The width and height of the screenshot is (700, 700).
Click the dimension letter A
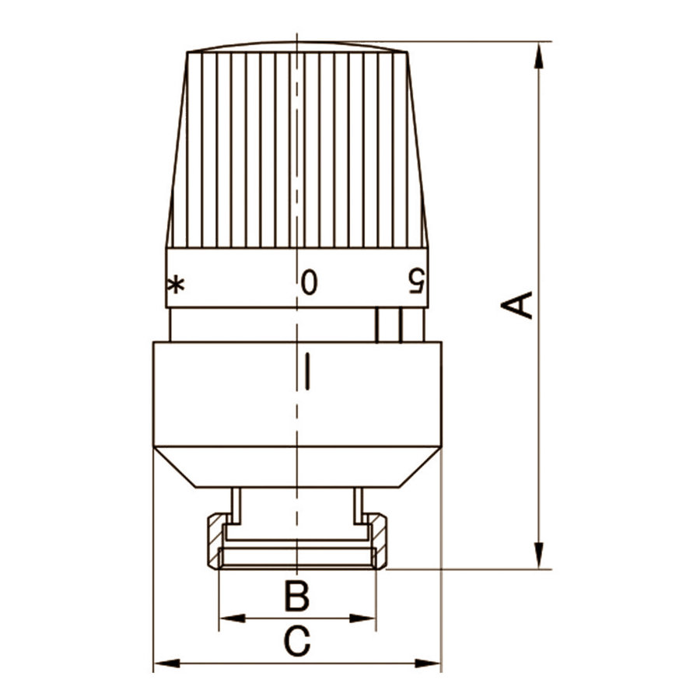pos(517,304)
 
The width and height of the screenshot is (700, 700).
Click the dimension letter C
pos(296,642)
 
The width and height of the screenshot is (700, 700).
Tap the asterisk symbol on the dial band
pos(177,285)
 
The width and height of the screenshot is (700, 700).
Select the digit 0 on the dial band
pos(309,282)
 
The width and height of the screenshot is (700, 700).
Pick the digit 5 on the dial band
pos(418,282)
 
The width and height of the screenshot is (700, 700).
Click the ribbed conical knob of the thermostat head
pos(297,148)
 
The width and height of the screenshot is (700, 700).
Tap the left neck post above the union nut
pos(236,506)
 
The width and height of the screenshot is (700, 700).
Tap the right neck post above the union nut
pos(358,506)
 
